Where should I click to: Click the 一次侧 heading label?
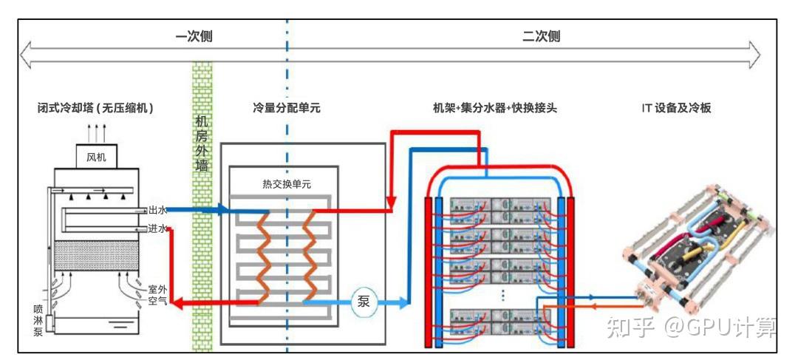tap(194, 37)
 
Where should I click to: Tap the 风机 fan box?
tap(97, 157)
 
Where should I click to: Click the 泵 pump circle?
tap(364, 302)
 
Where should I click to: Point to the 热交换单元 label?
tap(284, 184)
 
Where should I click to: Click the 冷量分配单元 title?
tap(287, 108)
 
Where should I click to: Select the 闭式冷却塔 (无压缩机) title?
tap(95, 108)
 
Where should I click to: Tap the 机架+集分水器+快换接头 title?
tap(494, 108)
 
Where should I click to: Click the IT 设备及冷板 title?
tap(676, 108)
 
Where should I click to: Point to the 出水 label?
tap(158, 210)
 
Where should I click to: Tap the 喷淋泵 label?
tap(38, 320)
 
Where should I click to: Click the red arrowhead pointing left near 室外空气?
tap(176, 304)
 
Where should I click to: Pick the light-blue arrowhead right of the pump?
tap(403, 302)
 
